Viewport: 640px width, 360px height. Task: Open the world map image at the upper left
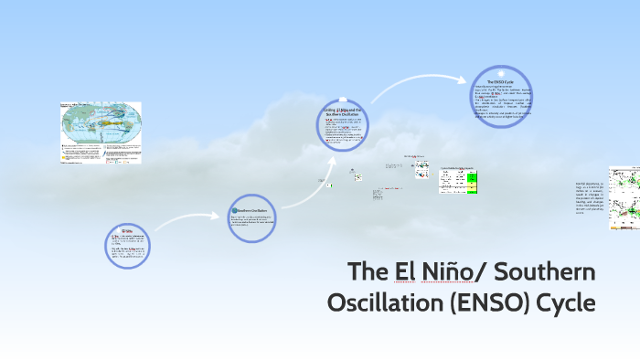[x=101, y=132]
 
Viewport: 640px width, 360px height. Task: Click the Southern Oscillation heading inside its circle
[x=252, y=211]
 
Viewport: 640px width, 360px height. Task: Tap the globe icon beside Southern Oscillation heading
[x=233, y=211]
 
